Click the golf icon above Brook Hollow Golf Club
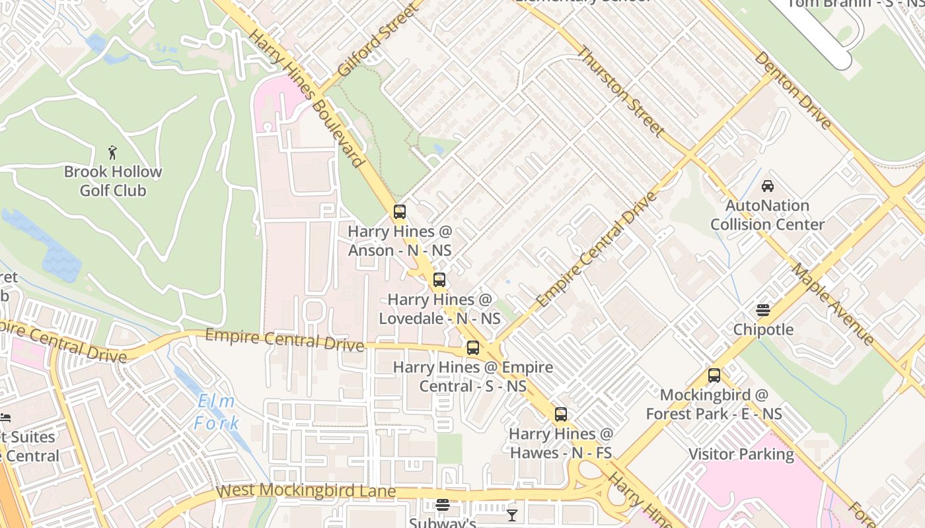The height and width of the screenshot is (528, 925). click(113, 152)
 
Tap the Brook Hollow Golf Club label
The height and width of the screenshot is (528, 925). click(113, 181)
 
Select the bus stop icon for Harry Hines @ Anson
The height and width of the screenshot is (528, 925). click(400, 212)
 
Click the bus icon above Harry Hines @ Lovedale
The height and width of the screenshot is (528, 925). click(439, 280)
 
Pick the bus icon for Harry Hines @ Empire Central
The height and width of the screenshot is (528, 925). click(473, 348)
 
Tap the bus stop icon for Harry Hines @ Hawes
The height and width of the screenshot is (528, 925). click(561, 414)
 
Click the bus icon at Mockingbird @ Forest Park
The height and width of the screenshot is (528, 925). click(714, 376)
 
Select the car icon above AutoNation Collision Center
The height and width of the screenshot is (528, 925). click(768, 186)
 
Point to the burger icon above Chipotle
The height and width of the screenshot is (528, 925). click(763, 310)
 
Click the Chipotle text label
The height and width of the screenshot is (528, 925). click(763, 329)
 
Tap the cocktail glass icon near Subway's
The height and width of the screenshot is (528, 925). click(512, 515)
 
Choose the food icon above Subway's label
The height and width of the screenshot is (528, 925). click(443, 506)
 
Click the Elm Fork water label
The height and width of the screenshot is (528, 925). click(217, 412)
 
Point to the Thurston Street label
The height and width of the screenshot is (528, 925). click(620, 91)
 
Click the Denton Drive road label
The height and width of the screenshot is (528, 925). click(793, 90)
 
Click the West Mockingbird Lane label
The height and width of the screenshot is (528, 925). click(307, 491)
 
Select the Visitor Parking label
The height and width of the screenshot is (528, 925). click(741, 454)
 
